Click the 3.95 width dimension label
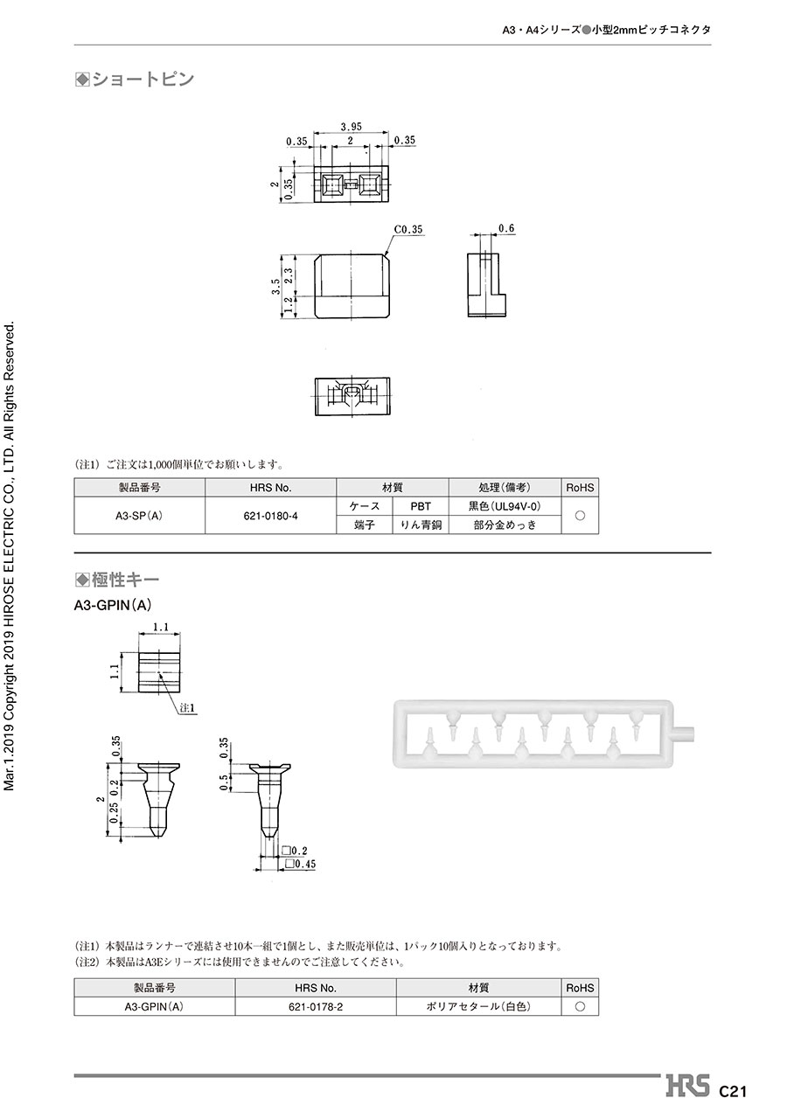[351, 127]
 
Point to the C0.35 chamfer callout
[408, 229]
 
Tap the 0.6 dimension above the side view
[506, 228]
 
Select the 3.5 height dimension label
[276, 287]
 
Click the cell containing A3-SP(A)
[139, 515]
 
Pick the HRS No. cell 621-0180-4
[270, 515]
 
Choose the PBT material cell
[421, 506]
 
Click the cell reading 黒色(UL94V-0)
[505, 506]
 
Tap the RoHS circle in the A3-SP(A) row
[580, 515]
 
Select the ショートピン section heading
[135, 80]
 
